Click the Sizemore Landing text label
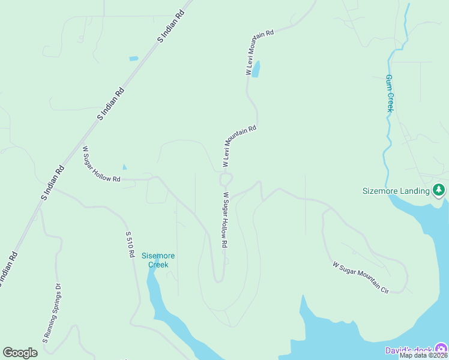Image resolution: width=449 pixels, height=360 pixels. (x=396, y=191)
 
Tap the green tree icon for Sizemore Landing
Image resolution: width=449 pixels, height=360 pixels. (x=439, y=190)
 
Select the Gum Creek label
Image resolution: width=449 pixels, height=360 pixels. (x=390, y=94)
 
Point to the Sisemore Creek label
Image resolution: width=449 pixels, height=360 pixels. (x=155, y=260)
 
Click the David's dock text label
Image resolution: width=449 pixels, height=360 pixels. (x=408, y=350)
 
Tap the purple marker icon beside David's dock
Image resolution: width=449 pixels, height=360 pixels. (x=441, y=349)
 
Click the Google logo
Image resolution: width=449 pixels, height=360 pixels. (x=20, y=353)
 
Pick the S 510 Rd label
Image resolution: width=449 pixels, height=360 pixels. (x=129, y=244)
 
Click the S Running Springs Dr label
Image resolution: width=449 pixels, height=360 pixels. (x=52, y=313)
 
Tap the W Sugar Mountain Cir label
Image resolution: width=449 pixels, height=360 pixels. (x=361, y=277)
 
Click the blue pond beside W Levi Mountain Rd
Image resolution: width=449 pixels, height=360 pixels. (x=256, y=69)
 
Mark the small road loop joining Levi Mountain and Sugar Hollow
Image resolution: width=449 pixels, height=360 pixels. (x=226, y=179)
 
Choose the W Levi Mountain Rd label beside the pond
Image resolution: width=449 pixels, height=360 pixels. (x=259, y=52)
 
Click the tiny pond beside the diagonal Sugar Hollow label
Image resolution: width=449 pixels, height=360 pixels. (x=125, y=167)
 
